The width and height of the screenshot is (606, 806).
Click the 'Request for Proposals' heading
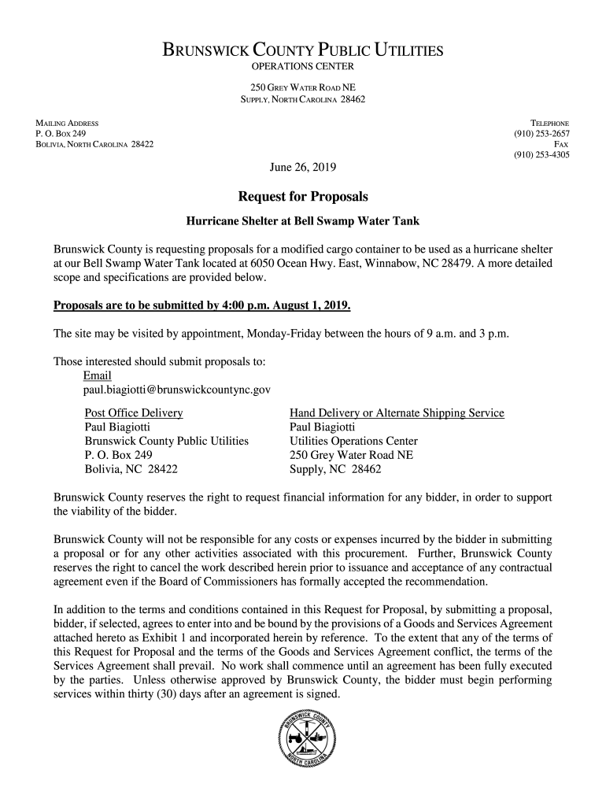[x=303, y=195]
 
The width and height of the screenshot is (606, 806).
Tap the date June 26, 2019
[x=303, y=167]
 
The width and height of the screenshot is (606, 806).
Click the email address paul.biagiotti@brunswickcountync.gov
[x=177, y=390]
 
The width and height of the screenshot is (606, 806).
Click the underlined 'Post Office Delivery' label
[x=133, y=413]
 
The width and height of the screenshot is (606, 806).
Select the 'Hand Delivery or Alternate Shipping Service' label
[x=397, y=413]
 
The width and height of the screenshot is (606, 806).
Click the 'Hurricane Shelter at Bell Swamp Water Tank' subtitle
[x=303, y=221]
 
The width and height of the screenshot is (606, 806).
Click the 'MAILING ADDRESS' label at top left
[x=67, y=124]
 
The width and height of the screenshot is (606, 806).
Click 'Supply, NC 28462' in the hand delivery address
[x=335, y=470]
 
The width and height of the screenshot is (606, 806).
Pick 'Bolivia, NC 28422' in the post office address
[x=131, y=470]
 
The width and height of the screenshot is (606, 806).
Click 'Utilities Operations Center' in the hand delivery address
[x=353, y=442]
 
